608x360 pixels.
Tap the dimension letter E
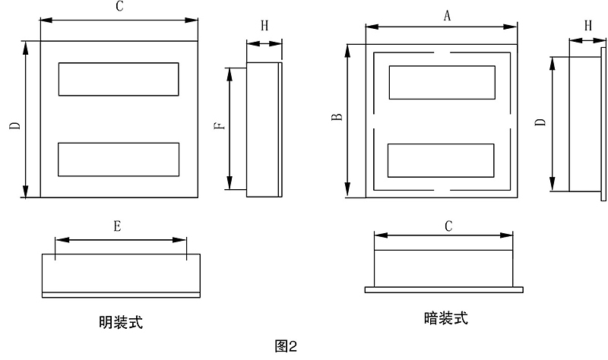[x=116, y=226]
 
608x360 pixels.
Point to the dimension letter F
[x=218, y=128]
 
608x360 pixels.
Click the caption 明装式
[x=121, y=323]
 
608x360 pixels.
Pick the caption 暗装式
[x=446, y=318]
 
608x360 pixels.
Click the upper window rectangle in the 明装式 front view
[x=119, y=79]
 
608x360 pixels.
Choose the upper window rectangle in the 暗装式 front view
[x=442, y=82]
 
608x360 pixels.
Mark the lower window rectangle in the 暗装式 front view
[x=442, y=160]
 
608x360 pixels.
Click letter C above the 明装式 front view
[x=119, y=7]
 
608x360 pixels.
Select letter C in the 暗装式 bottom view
[x=448, y=225]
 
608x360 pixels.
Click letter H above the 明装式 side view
[x=264, y=26]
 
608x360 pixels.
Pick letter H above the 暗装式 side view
[x=588, y=25]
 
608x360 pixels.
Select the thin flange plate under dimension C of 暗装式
[x=444, y=289]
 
